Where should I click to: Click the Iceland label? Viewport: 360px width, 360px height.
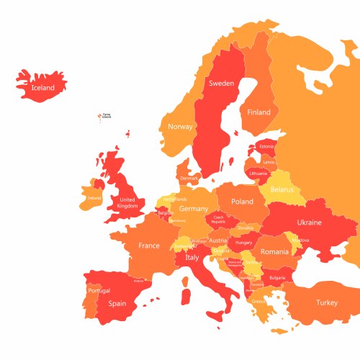pyautogui.click(x=42, y=88)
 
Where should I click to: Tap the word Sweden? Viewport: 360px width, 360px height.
pyautogui.click(x=221, y=84)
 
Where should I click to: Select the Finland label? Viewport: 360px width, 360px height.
pyautogui.click(x=259, y=112)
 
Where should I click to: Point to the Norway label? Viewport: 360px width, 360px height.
pyautogui.click(x=180, y=127)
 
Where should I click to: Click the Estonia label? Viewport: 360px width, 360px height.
pyautogui.click(x=267, y=147)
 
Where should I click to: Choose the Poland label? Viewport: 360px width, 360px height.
pyautogui.click(x=242, y=202)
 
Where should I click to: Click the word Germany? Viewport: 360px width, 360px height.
pyautogui.click(x=194, y=209)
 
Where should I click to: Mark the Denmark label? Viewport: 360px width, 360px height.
pyautogui.click(x=189, y=178)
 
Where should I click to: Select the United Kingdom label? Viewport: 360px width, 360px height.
pyautogui.click(x=127, y=203)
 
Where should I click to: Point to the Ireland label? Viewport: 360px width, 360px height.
pyautogui.click(x=94, y=198)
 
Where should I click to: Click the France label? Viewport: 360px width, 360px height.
pyautogui.click(x=149, y=246)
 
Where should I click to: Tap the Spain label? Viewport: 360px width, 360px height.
pyautogui.click(x=117, y=303)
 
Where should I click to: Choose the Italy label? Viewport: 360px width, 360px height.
pyautogui.click(x=192, y=257)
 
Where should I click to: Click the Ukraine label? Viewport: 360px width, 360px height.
pyautogui.click(x=309, y=222)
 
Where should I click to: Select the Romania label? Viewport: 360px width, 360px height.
pyautogui.click(x=274, y=252)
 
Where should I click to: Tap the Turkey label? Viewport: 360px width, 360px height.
pyautogui.click(x=326, y=302)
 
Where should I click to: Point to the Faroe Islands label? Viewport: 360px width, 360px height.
pyautogui.click(x=107, y=115)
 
